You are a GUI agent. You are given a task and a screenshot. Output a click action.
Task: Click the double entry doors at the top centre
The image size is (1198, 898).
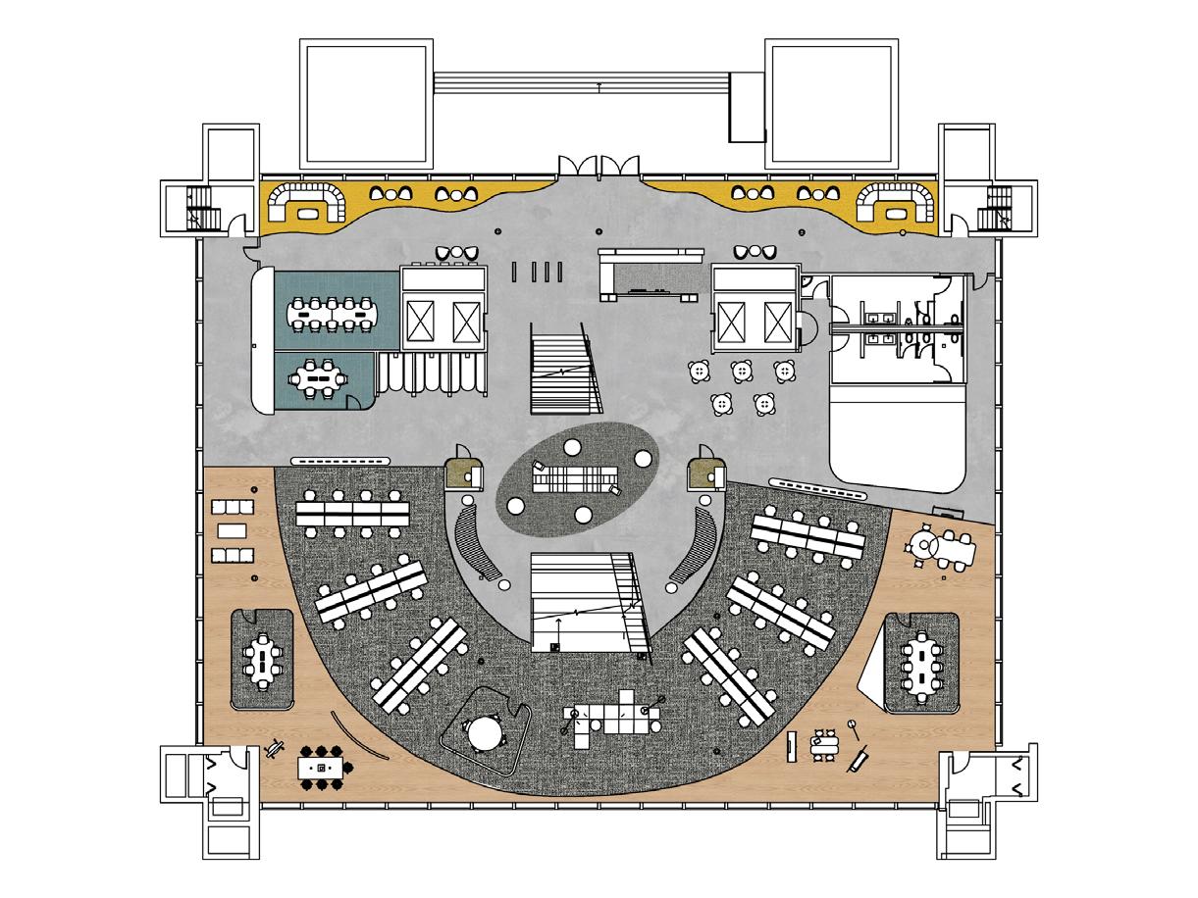[599, 164]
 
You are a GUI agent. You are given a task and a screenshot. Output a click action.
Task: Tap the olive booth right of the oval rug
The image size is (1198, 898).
[704, 473]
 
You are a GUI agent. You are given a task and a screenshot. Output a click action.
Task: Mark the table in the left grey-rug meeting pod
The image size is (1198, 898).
[262, 659]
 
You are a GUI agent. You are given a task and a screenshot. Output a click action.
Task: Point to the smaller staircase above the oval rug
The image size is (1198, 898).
[562, 371]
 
